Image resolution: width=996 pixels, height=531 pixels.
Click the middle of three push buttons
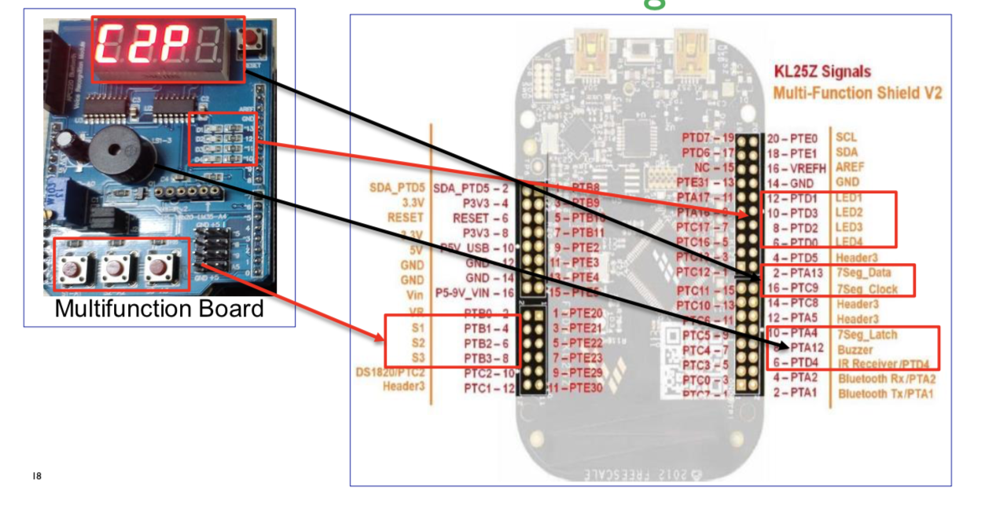(116, 267)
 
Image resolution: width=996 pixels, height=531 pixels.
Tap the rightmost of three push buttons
(158, 266)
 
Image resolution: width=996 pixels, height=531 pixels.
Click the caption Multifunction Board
(159, 309)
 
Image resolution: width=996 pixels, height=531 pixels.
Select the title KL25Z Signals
(821, 71)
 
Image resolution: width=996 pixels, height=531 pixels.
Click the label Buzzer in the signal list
(855, 350)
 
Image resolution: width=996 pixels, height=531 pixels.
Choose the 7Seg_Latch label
(867, 335)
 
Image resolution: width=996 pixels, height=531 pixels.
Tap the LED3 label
(849, 227)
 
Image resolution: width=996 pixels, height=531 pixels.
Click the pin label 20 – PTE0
(792, 137)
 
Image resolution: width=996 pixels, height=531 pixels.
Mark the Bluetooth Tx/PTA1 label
(885, 394)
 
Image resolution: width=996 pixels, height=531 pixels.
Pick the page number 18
(37, 476)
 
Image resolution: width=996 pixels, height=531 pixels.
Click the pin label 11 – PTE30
(576, 388)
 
